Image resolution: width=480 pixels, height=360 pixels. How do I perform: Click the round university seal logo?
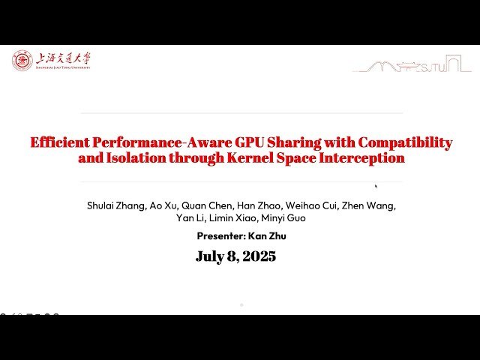(x=22, y=61)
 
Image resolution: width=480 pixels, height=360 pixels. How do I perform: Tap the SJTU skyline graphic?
(x=412, y=66)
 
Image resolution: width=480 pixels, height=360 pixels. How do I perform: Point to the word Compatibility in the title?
(x=404, y=142)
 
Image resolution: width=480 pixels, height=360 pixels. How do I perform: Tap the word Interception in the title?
(x=367, y=158)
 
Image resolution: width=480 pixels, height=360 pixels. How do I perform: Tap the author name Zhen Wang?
(x=368, y=205)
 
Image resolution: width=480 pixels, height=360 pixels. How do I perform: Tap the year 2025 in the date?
(x=257, y=256)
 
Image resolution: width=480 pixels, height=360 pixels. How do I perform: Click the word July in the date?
(x=209, y=256)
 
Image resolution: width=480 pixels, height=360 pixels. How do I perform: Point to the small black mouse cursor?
(x=376, y=187)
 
